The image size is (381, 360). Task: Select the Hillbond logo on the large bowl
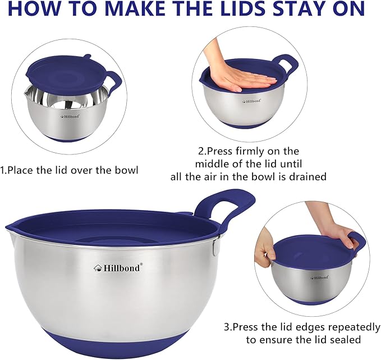(x=118, y=267)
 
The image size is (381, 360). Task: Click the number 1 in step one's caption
(x=3, y=169)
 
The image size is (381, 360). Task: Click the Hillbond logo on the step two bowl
(x=251, y=101)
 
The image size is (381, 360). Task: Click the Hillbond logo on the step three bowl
(x=319, y=277)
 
